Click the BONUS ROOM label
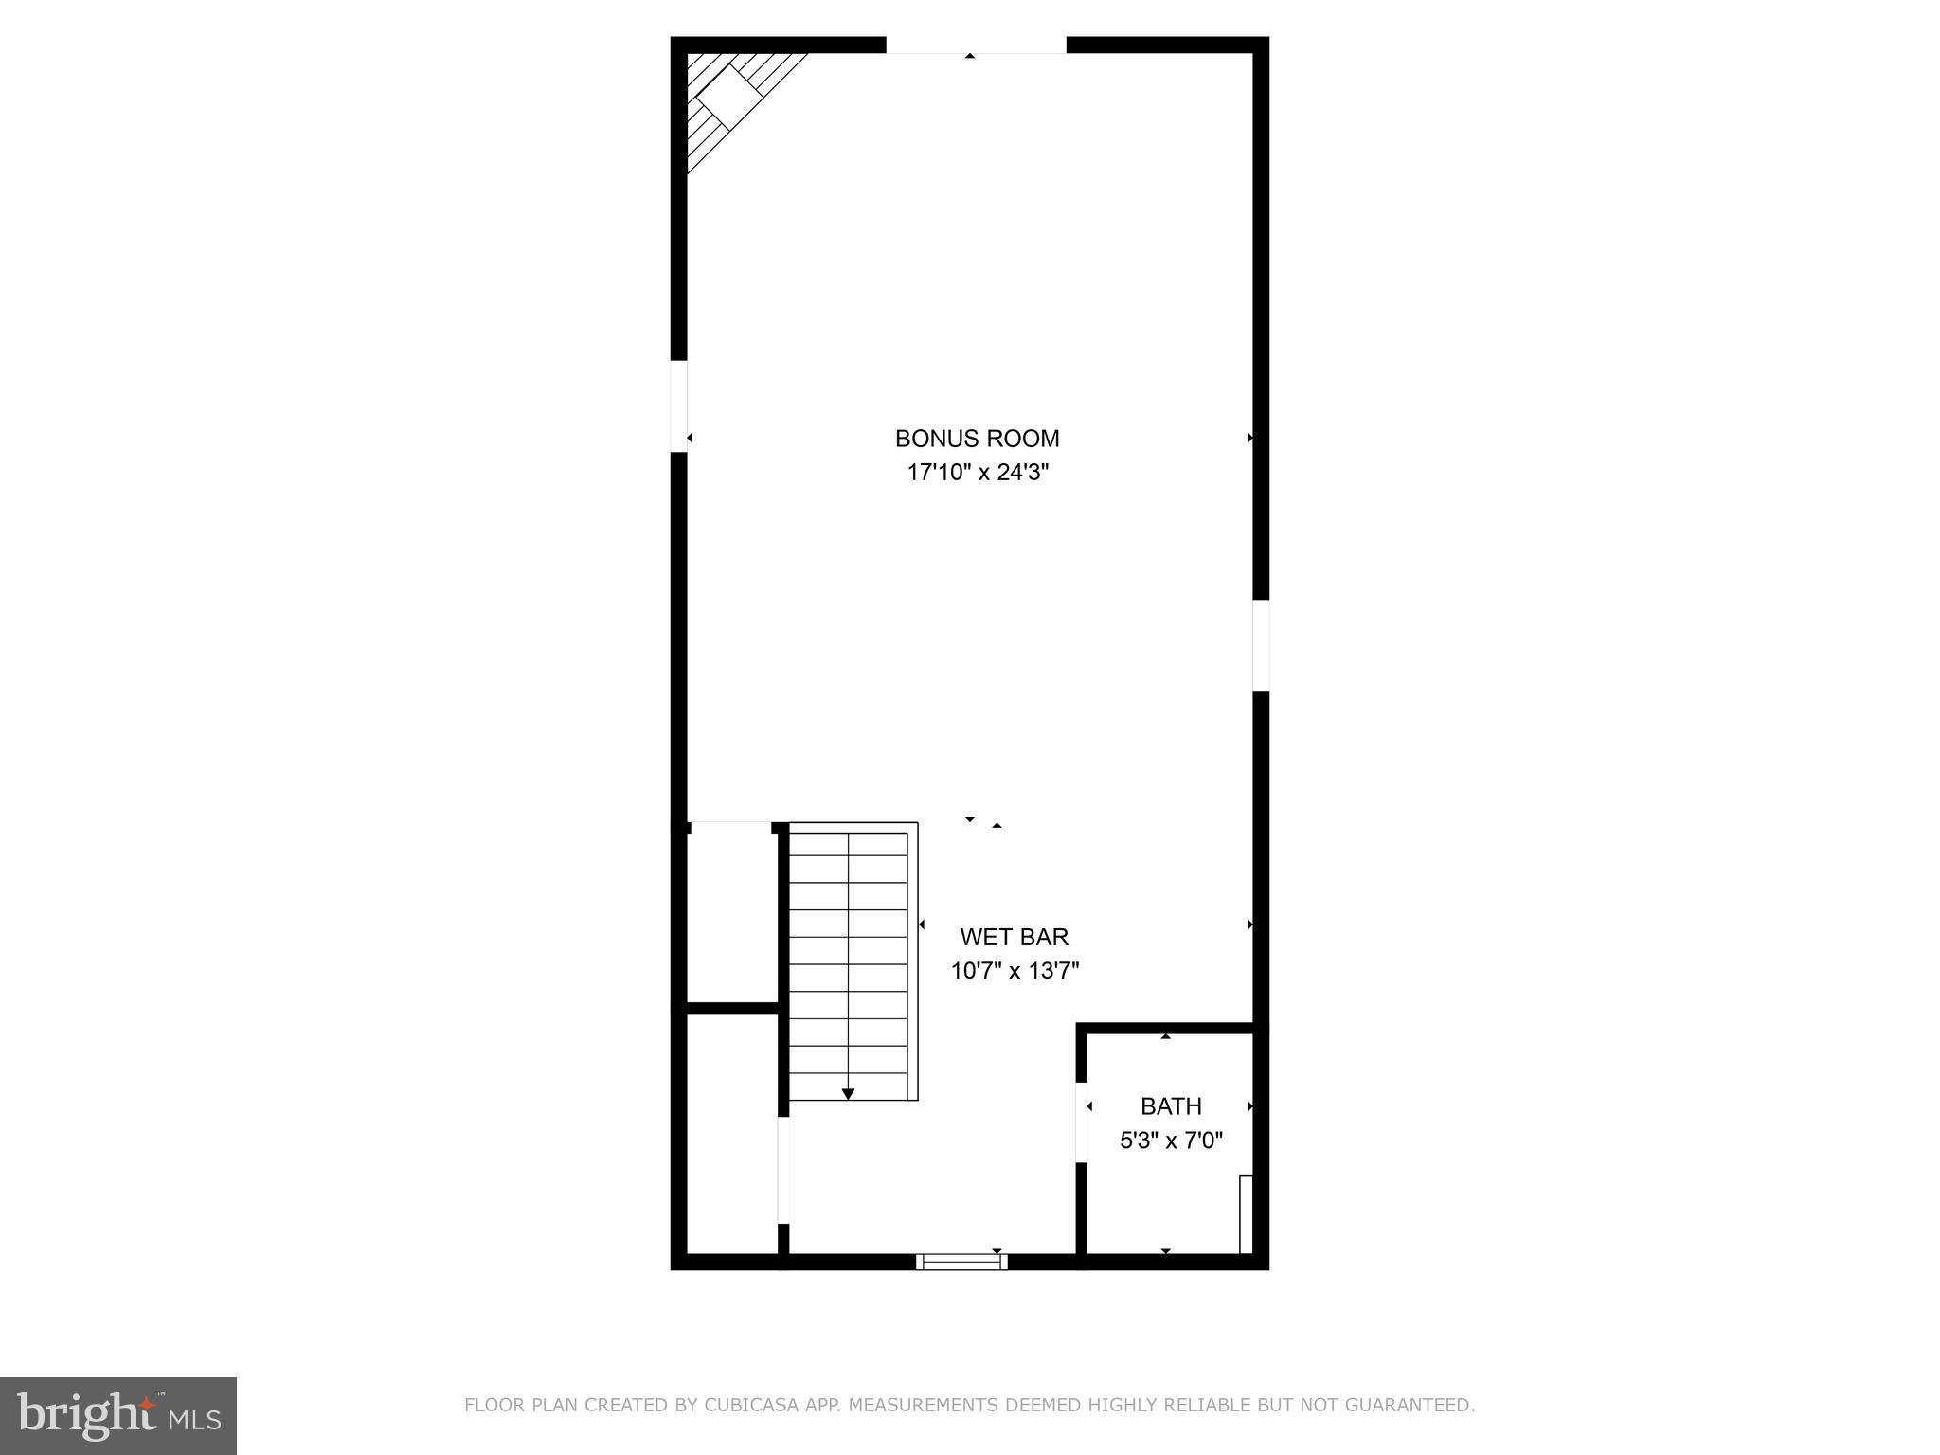(x=977, y=439)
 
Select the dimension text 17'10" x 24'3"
(x=978, y=472)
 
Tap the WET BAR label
(x=1014, y=937)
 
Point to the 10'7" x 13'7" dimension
(x=1015, y=971)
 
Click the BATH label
(x=1171, y=1106)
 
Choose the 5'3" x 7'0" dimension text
(x=1171, y=1141)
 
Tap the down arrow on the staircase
(x=848, y=1093)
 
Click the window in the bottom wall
(x=961, y=1261)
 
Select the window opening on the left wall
(x=678, y=406)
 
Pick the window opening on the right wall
(x=1261, y=645)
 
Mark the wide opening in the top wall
(x=976, y=45)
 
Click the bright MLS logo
(x=117, y=1415)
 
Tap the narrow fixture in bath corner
(x=1246, y=1213)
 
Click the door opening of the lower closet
(x=783, y=1171)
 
